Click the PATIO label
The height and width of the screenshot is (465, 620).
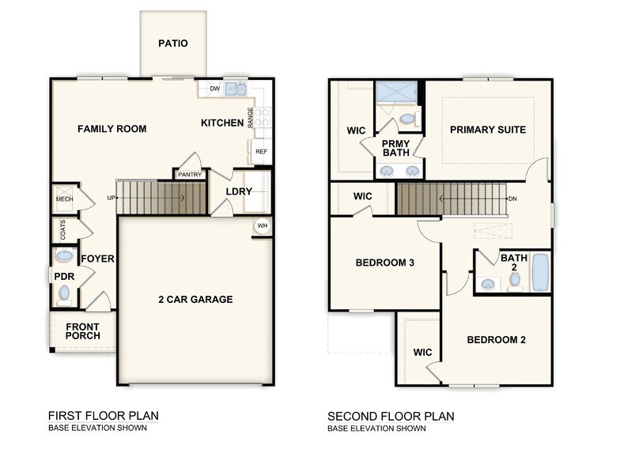[x=173, y=43]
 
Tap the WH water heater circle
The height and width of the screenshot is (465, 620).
[x=262, y=226]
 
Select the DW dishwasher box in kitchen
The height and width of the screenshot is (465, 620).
[x=214, y=89]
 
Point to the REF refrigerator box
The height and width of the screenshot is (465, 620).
[x=260, y=151]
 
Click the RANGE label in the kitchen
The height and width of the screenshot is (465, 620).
[x=251, y=118]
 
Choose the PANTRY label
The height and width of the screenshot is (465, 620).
[x=189, y=175]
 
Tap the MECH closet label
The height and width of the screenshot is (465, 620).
[x=64, y=199]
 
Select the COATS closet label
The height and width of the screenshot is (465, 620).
[x=63, y=230]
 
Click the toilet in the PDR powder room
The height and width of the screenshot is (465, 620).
[x=64, y=294]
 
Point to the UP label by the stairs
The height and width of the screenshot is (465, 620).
[x=111, y=198]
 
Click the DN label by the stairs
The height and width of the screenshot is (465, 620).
[x=512, y=198]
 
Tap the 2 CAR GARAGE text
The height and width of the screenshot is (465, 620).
[x=195, y=299]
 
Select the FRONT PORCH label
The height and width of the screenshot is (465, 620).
[x=83, y=331]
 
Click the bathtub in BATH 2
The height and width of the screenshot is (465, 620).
[x=540, y=272]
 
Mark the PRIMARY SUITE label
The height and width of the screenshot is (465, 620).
[x=488, y=130]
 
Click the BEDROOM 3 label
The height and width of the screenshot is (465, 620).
[x=385, y=263]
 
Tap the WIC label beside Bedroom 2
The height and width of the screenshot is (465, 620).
[x=422, y=352]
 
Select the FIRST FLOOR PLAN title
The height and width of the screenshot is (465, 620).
[x=103, y=416]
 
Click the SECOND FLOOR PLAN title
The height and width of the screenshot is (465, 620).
[x=391, y=416]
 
